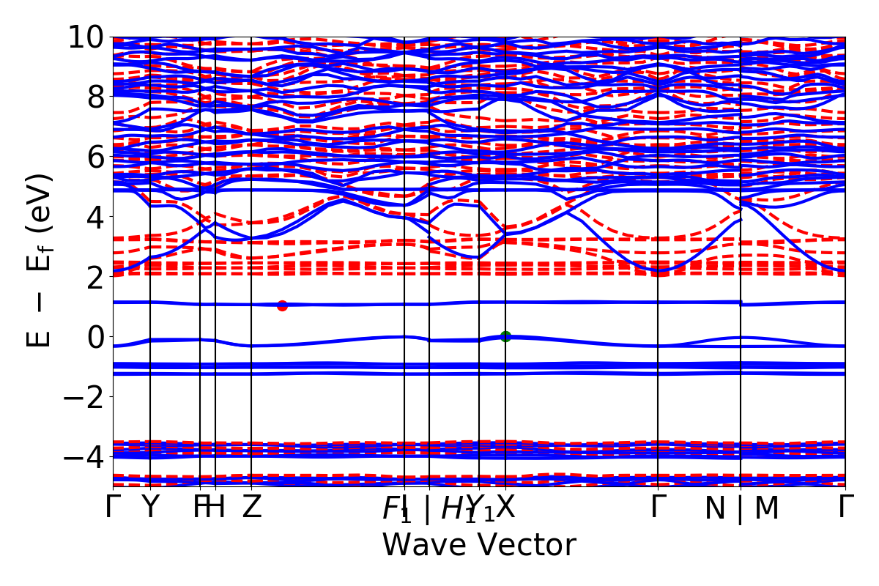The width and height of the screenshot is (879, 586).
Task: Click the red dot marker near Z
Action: pos(282,305)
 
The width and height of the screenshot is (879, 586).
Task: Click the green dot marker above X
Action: pos(505,336)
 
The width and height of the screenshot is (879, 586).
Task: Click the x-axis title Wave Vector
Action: pos(479,546)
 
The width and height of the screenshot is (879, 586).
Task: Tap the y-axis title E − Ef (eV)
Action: pos(40,261)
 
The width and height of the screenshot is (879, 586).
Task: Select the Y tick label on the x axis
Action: pos(150,507)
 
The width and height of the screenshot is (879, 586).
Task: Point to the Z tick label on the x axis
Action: pos(252,507)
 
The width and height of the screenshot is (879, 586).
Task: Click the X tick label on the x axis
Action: pos(505,507)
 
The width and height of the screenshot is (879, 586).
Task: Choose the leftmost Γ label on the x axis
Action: pos(113,507)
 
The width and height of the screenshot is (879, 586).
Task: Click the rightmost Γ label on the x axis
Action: pos(847,507)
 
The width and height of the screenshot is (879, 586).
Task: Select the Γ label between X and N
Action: pos(659,507)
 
